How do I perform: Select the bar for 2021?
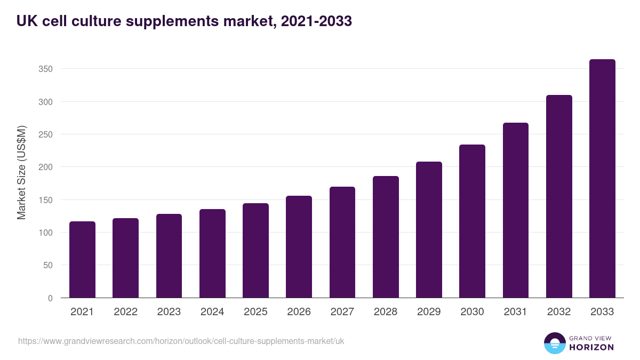click(x=82, y=260)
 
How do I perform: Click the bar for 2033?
click(x=602, y=179)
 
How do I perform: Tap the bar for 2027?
click(x=342, y=242)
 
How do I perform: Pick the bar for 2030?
click(x=472, y=221)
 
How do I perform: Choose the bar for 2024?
click(x=212, y=253)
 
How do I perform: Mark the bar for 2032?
click(x=559, y=196)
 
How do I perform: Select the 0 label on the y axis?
click(x=50, y=299)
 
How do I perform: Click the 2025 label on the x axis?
click(x=255, y=312)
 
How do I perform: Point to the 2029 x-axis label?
click(x=429, y=312)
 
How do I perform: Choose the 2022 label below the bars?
click(x=125, y=312)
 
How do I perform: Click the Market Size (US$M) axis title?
click(x=21, y=172)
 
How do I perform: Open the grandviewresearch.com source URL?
click(x=181, y=341)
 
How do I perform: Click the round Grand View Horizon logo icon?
click(x=554, y=343)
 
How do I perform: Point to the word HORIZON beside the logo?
click(x=591, y=347)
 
